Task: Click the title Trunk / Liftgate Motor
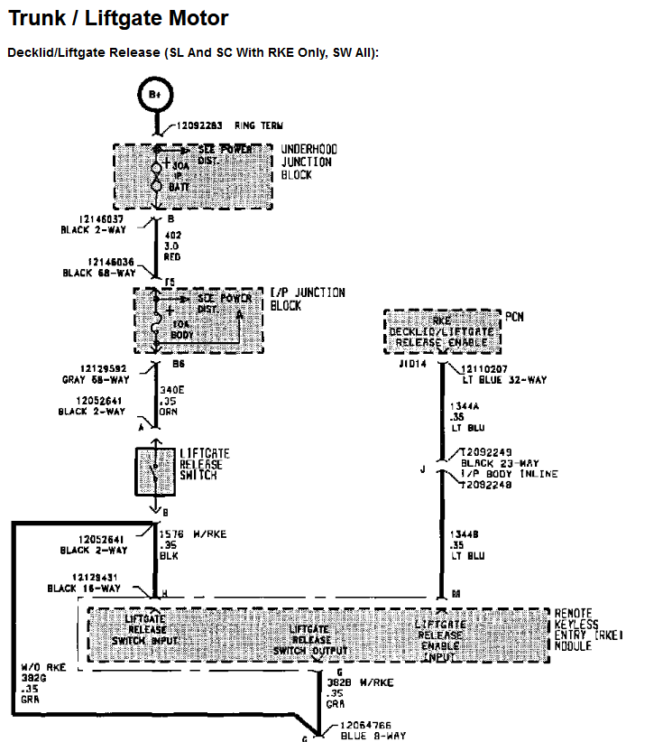[x=118, y=18]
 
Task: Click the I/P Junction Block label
[x=308, y=299]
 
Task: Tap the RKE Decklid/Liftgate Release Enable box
[x=441, y=331]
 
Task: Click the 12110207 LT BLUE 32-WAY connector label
[x=502, y=375]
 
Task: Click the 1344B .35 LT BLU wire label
[x=466, y=544]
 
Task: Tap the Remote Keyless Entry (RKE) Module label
[x=587, y=629]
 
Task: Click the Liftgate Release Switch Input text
[x=145, y=628]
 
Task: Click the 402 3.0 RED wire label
[x=173, y=246]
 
